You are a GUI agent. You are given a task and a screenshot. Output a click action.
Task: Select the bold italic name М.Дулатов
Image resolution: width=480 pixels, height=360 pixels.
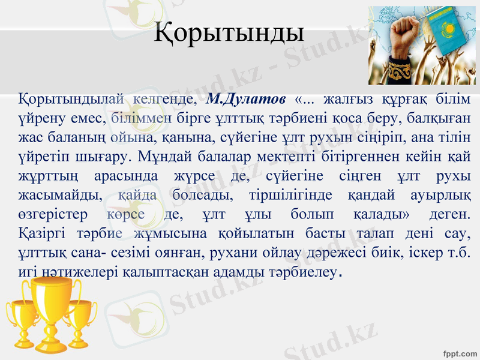[246, 97]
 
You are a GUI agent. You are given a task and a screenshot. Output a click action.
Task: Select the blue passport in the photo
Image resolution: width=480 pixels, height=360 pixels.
[450, 36]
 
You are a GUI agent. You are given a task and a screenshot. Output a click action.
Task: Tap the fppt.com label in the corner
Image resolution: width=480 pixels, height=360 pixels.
[460, 352]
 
